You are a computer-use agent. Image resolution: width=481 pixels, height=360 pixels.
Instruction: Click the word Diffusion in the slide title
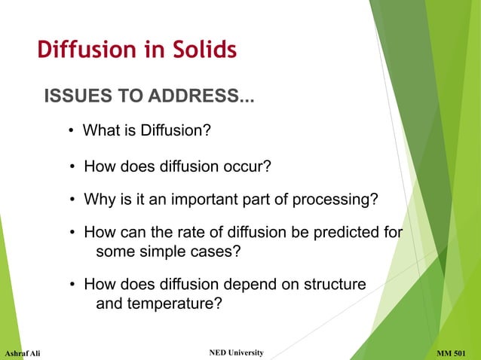click(84, 50)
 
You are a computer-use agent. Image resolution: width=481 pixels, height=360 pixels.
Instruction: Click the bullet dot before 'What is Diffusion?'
click(71, 132)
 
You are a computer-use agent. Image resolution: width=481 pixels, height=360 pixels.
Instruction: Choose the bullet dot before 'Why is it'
click(72, 201)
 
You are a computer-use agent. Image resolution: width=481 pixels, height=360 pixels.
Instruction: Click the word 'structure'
click(334, 284)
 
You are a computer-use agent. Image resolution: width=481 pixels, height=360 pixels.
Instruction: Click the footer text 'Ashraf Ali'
click(23, 353)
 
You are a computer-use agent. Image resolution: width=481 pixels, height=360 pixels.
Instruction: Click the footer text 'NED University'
click(235, 352)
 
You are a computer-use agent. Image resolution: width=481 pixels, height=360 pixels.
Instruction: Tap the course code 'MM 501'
click(455, 352)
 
